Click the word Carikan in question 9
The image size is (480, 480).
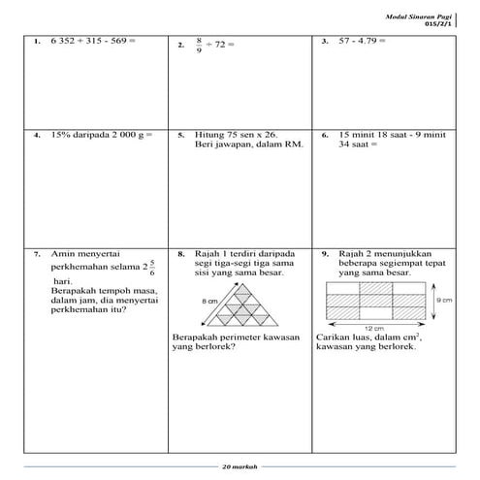coord(335,337)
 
